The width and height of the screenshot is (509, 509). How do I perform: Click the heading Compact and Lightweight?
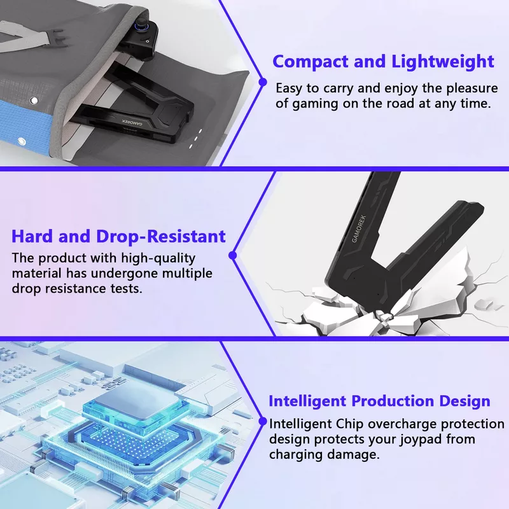384,62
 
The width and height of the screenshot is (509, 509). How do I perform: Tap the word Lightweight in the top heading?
443,62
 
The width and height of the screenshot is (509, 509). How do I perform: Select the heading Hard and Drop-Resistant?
118,236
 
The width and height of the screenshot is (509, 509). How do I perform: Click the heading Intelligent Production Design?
379,401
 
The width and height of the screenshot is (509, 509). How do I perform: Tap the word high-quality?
158,258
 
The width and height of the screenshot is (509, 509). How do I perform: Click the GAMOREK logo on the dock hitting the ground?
359,229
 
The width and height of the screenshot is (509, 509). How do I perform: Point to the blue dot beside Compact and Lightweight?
263,82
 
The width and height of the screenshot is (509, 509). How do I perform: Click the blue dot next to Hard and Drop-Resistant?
232,256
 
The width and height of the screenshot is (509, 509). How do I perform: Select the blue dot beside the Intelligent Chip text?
263,421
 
